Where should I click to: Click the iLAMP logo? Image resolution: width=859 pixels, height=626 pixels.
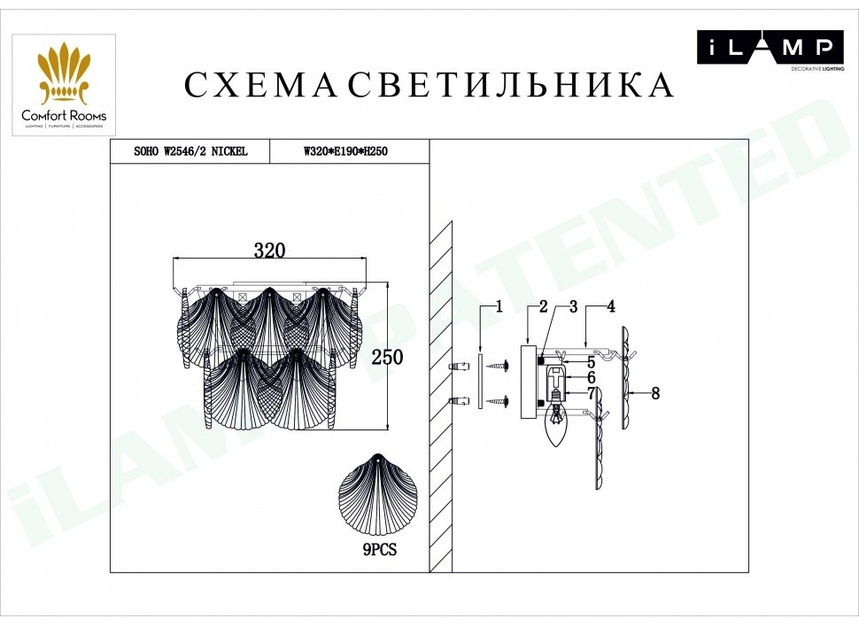(x=770, y=50)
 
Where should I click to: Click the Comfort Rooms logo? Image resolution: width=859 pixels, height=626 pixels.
(x=64, y=85)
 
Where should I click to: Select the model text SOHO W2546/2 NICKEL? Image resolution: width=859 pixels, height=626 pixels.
(x=190, y=151)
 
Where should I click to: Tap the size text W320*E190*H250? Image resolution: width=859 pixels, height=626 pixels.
(x=345, y=151)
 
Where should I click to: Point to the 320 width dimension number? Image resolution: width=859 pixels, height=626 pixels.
(x=269, y=251)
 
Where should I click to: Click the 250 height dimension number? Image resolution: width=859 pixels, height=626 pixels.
(x=387, y=357)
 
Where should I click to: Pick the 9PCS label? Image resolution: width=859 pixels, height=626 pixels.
(x=380, y=549)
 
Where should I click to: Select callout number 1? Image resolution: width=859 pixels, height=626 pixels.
(x=499, y=306)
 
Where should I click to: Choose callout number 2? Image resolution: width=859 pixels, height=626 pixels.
(x=543, y=306)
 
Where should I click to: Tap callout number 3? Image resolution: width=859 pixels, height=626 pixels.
(x=573, y=306)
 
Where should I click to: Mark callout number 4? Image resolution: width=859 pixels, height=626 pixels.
(x=611, y=306)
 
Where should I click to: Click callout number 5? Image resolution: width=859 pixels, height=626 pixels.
(x=591, y=362)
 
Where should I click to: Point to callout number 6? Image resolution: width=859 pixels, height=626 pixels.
(x=591, y=377)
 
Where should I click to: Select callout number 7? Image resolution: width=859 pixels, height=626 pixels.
(x=591, y=393)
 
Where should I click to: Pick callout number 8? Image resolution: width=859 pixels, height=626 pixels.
(x=655, y=393)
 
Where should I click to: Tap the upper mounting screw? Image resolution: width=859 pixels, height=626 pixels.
(x=500, y=366)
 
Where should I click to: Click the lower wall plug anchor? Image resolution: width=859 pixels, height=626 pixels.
(x=459, y=401)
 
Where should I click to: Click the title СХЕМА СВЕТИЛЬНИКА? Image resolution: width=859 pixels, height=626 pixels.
(x=429, y=85)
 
